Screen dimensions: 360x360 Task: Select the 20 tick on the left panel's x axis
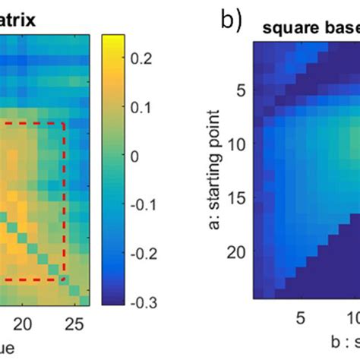pyautogui.click(x=24, y=322)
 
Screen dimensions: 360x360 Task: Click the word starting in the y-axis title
pyautogui.click(x=216, y=188)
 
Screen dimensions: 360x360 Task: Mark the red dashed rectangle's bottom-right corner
pyautogui.click(x=64, y=279)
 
